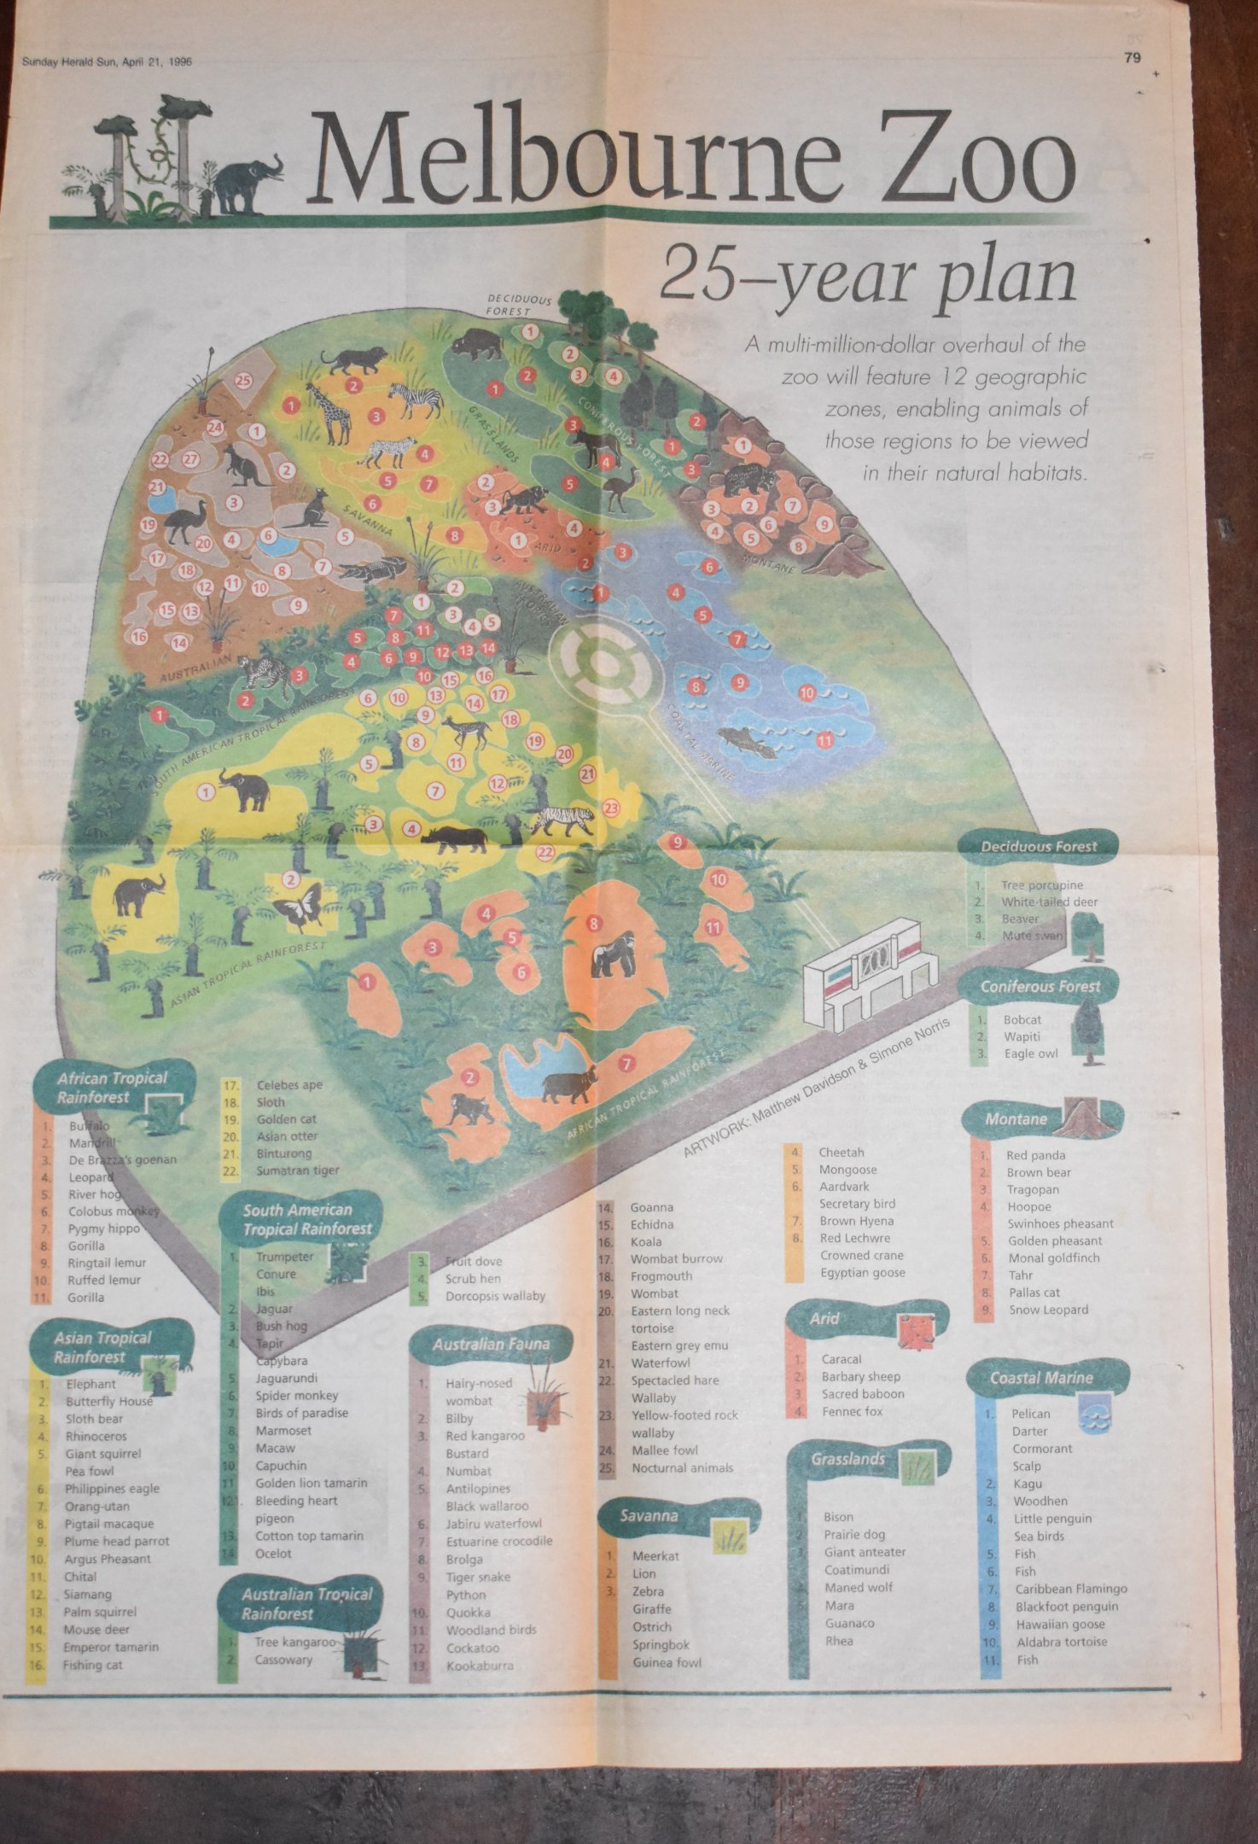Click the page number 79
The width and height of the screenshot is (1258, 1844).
click(x=1133, y=58)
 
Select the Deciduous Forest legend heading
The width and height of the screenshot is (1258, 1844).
click(x=1038, y=846)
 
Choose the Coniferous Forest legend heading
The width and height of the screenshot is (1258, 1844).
click(x=1040, y=986)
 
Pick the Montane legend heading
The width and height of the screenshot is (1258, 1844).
click(x=1016, y=1118)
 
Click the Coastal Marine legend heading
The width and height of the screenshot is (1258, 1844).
click(x=1040, y=1378)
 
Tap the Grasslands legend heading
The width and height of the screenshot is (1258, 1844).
click(x=847, y=1459)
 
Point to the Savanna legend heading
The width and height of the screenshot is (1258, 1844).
click(x=649, y=1516)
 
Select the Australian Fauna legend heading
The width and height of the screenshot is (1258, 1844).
click(x=490, y=1345)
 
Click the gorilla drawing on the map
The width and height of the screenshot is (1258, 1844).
click(x=613, y=954)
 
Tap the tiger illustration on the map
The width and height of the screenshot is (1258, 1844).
click(x=562, y=820)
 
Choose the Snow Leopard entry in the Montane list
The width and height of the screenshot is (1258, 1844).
click(x=1048, y=1310)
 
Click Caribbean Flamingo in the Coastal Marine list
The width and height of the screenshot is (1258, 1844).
click(x=1070, y=1589)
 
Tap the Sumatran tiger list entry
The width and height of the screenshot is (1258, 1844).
click(x=297, y=1170)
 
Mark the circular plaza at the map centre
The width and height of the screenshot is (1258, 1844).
click(x=604, y=662)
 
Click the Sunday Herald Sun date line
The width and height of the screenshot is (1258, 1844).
click(x=107, y=61)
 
